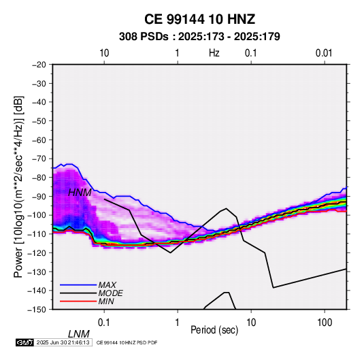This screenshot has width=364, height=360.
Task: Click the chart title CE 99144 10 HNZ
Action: point(199,19)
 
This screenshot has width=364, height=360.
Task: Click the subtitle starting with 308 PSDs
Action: point(199,37)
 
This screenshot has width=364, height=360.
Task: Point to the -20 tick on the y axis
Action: point(39,65)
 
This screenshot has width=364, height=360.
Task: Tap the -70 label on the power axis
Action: point(39,159)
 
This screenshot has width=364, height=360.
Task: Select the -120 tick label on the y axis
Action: point(37,252)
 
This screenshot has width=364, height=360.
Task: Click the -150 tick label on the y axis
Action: point(37,310)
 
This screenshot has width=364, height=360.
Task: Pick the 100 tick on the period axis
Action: point(325,323)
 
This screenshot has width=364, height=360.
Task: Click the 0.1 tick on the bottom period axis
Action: point(104,323)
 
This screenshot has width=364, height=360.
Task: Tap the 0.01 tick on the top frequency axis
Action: point(324,53)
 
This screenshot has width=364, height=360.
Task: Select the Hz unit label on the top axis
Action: point(214,53)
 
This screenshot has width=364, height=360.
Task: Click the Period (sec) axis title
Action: point(214,330)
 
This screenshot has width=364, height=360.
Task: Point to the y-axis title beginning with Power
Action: point(18,186)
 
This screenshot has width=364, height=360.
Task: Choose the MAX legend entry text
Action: point(107,284)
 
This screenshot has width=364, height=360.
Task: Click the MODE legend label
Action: point(110,293)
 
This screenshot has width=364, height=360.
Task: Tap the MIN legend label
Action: point(106,301)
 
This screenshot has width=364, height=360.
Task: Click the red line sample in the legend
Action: point(78,301)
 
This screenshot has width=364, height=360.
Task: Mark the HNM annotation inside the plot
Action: point(80,193)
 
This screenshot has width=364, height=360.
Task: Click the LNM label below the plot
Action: point(79,334)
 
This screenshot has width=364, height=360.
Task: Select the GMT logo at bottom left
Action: point(25,342)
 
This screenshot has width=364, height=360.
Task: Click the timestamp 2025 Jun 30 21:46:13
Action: point(63,342)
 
